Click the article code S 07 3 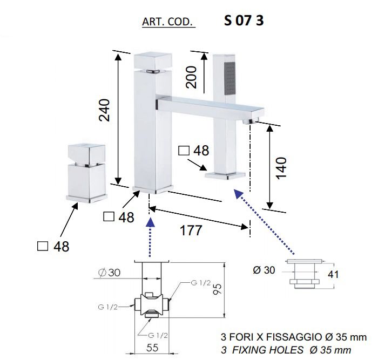pyautogui.click(x=244, y=21)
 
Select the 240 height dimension pyautogui.click(x=105, y=110)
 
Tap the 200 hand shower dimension pyautogui.click(x=191, y=77)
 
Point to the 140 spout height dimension pyautogui.click(x=281, y=168)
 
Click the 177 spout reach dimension pyautogui.click(x=191, y=230)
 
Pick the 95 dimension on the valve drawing pyautogui.click(x=218, y=289)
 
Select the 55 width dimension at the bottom pyautogui.click(x=152, y=348)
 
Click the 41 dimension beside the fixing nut pyautogui.click(x=333, y=275)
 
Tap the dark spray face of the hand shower pyautogui.click(x=230, y=78)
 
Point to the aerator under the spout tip pyautogui.click(x=251, y=121)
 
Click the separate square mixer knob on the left pyautogui.click(x=87, y=173)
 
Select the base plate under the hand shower pyautogui.click(x=225, y=175)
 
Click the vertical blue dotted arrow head pyautogui.click(x=151, y=222)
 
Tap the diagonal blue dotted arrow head pyautogui.click(x=238, y=194)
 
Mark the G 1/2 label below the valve pyautogui.click(x=158, y=335)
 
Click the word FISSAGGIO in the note pyautogui.click(x=294, y=337)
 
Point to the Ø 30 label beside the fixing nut pyautogui.click(x=264, y=270)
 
